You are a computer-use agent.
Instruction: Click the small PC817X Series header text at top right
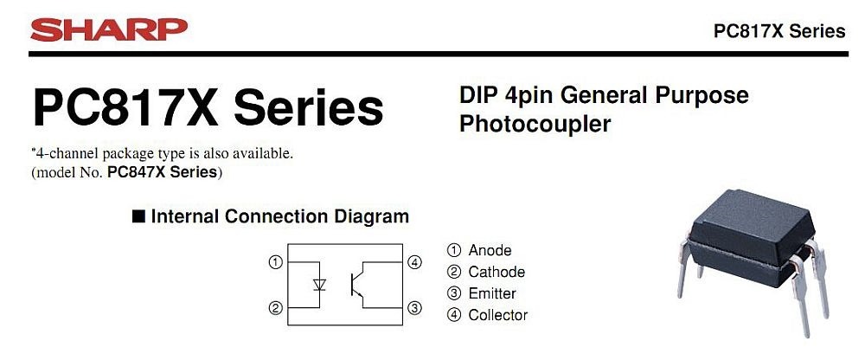click(778, 31)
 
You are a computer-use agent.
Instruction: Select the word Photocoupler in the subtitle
click(535, 124)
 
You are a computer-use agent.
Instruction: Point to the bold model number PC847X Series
click(163, 172)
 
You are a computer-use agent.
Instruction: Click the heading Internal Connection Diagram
click(279, 216)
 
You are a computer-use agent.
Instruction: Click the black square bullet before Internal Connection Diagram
click(138, 216)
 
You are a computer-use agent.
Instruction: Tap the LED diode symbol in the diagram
click(320, 284)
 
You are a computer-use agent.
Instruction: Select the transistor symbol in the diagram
click(357, 284)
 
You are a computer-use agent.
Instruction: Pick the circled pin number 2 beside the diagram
click(275, 308)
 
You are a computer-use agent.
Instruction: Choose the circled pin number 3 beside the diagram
click(414, 308)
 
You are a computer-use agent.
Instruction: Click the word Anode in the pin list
click(490, 251)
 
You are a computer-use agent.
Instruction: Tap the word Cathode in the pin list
click(497, 272)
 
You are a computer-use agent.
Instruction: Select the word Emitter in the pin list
click(492, 293)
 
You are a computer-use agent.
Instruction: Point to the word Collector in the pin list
click(498, 315)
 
